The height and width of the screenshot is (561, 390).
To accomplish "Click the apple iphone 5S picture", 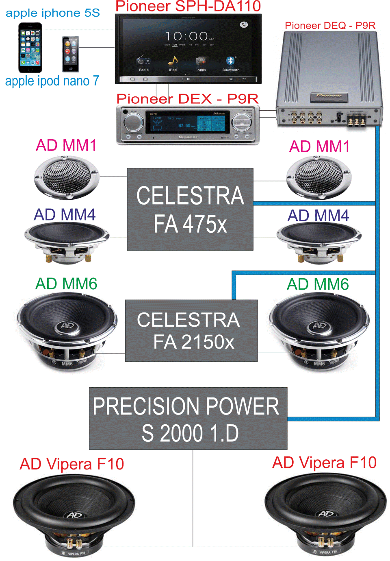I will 30,47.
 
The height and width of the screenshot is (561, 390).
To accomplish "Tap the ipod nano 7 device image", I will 70,54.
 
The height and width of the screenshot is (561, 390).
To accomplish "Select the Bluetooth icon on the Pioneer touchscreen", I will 230,61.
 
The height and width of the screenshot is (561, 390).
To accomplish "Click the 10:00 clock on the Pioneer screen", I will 187,37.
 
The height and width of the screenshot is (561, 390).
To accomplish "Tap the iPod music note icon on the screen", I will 173,61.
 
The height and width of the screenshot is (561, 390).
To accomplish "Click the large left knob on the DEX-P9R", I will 134,122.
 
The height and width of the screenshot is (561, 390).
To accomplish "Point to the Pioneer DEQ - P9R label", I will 330,26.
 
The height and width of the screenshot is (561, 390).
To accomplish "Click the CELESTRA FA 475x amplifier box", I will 190,209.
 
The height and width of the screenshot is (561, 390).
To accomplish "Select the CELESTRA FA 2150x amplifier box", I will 191,330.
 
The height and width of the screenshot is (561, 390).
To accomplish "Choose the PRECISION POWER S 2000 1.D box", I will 188,418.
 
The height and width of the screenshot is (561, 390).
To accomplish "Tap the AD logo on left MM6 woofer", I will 67,325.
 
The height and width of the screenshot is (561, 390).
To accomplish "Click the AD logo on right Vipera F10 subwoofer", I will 326,513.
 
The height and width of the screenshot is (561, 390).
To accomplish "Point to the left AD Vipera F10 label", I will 72,464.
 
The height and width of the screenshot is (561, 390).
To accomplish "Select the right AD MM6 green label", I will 318,284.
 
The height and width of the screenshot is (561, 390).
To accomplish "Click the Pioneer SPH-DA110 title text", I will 188,7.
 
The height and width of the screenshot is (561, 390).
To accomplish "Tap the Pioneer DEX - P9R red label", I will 187,99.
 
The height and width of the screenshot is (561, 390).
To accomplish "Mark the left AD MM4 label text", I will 65,215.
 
